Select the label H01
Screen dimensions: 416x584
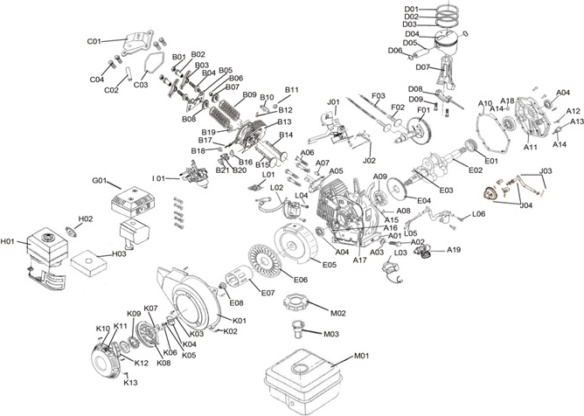pos(10,242)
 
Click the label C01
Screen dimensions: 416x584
pos(94,41)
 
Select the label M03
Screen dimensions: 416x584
pos(331,334)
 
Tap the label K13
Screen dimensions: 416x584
pos(130,383)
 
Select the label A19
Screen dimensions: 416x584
pos(454,251)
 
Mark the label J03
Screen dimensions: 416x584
pos(546,170)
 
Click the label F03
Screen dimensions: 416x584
pos(379,95)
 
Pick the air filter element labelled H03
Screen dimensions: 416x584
pos(87,261)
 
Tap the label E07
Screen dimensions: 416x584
pos(268,292)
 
